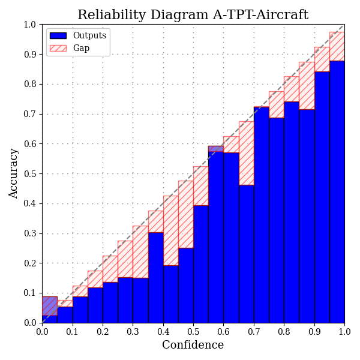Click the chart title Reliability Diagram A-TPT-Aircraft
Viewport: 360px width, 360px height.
tap(193, 15)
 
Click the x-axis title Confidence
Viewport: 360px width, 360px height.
tap(193, 345)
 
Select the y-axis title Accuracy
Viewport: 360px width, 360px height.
tap(14, 173)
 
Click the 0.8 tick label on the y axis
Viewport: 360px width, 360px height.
tap(30, 85)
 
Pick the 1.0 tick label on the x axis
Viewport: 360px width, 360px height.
tap(344, 331)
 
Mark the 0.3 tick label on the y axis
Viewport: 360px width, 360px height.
tap(30, 234)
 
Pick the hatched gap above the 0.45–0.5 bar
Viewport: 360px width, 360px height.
tap(185, 214)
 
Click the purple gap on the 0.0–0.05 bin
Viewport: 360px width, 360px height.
tap(50, 306)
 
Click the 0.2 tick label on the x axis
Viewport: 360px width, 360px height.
tap(103, 331)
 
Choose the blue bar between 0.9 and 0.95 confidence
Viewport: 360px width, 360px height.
tap(322, 197)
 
